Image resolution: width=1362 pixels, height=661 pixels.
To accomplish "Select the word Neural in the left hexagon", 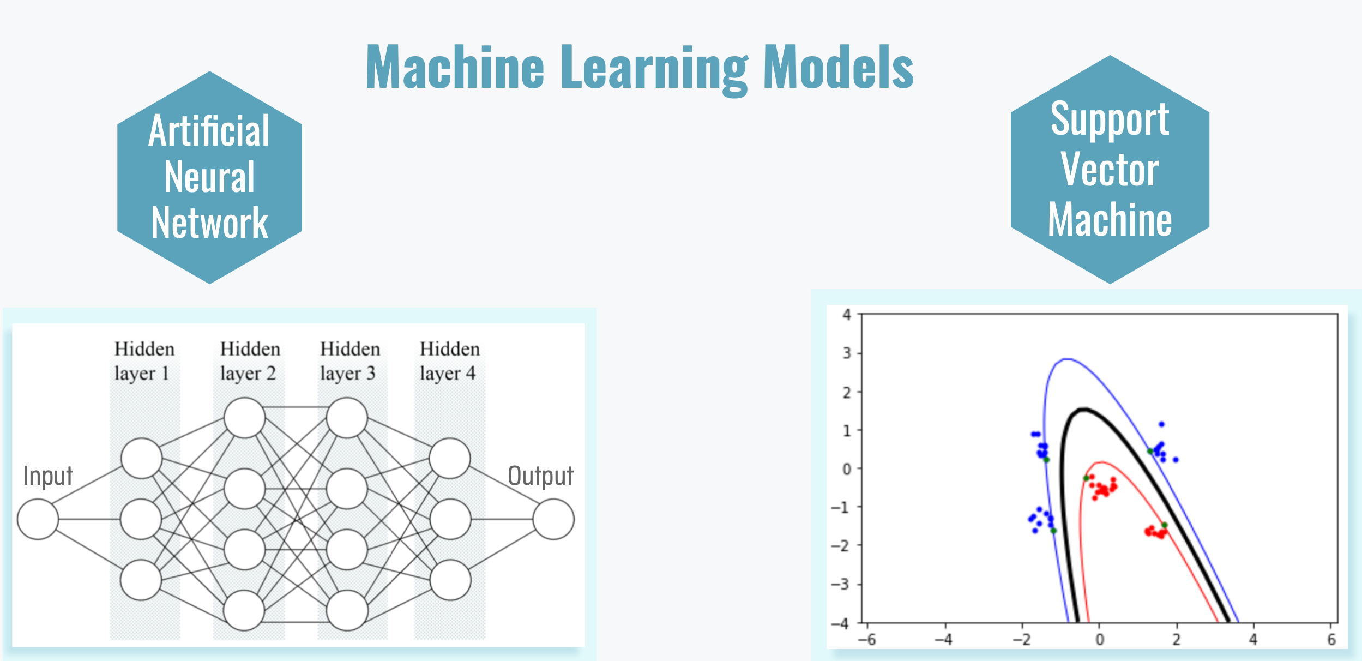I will (209, 177).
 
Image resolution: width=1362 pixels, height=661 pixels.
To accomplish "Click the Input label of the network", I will (48, 476).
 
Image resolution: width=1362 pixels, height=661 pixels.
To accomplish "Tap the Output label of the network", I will (540, 476).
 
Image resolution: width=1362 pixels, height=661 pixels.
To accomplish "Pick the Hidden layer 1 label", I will (144, 361).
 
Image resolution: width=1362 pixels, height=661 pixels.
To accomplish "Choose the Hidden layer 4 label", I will (449, 361).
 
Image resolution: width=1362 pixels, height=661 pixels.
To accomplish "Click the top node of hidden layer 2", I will (244, 418).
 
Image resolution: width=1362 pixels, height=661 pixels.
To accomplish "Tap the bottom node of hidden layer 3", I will (347, 610).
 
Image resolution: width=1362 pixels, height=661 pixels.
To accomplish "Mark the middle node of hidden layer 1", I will (141, 519).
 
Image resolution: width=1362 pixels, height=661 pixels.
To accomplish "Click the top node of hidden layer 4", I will (449, 458).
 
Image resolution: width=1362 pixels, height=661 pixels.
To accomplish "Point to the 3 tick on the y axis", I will (847, 353).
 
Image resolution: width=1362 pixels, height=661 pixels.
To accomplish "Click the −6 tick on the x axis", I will (866, 639).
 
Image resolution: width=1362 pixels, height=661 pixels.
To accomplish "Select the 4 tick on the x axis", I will (1253, 639).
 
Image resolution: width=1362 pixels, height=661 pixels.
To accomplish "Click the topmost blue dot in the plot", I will (1161, 424).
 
